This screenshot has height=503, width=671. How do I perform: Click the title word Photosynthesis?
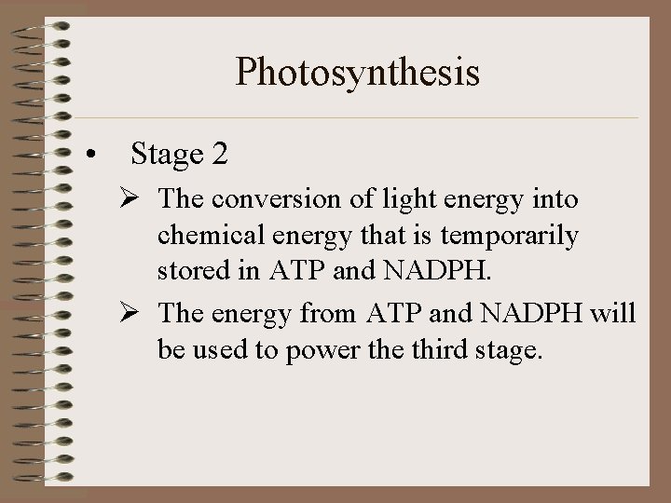click(358, 73)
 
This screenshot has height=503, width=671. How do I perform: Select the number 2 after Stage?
click(219, 154)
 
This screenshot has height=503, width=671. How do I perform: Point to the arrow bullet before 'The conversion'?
click(140, 199)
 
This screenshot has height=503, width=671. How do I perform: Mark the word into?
click(556, 199)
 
